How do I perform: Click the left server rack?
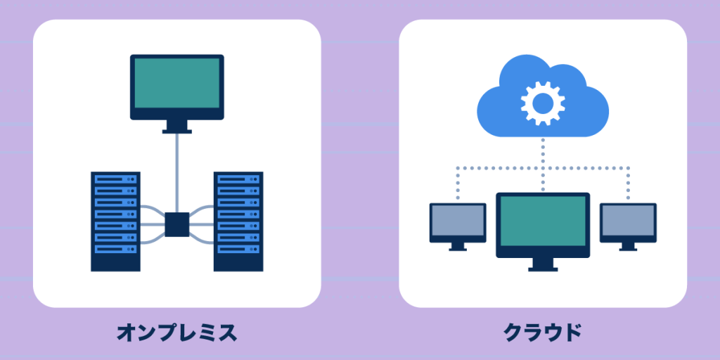pos(115,221)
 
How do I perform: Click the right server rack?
pos(238,221)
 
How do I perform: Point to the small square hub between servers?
pos(177,224)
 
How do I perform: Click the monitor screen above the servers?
pos(177,82)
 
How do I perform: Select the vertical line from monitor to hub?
pos(177,172)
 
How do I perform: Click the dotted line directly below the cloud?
pos(543,151)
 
